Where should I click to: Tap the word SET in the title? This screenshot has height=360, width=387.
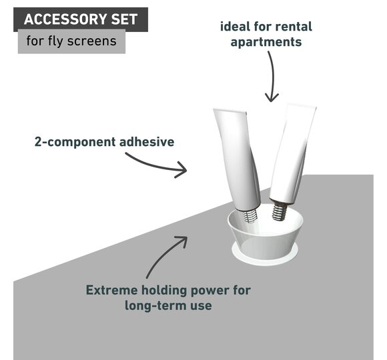124,19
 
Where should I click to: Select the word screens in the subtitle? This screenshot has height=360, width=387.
92,41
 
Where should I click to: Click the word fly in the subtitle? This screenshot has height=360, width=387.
56,41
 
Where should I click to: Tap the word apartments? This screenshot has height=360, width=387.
266,42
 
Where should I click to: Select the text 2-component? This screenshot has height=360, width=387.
75,142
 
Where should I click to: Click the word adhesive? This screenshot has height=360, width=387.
147,142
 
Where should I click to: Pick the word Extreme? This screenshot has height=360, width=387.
111,290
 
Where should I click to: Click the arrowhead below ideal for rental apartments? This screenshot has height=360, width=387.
272,97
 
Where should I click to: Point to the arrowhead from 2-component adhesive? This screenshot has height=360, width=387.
182,169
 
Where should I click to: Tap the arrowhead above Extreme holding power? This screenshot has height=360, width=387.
182,241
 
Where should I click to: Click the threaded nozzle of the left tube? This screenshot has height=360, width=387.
250,215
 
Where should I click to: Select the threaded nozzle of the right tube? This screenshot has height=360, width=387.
280,211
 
